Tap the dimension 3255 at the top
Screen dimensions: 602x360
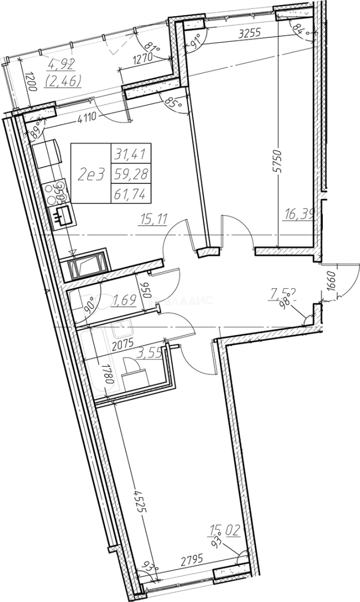(249, 34)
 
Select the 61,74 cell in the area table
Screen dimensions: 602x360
(133, 194)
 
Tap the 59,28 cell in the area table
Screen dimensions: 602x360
(133, 174)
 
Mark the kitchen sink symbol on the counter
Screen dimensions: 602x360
(62, 214)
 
